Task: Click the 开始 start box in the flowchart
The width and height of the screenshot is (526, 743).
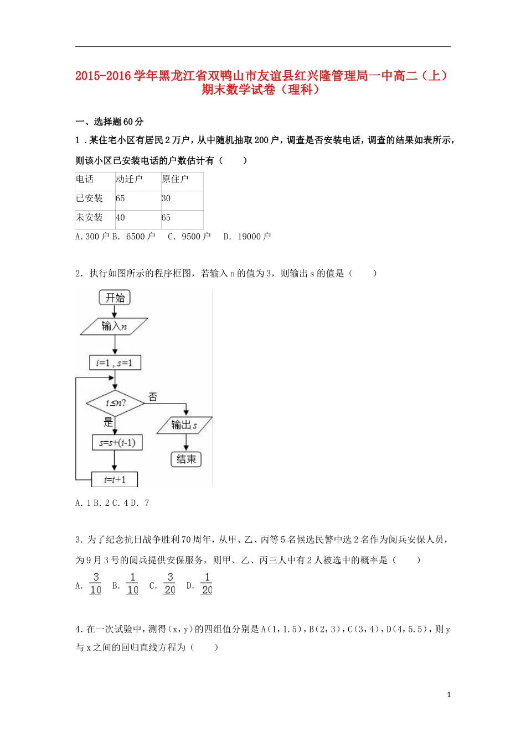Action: [115, 298]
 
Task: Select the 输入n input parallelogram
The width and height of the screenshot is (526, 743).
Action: [114, 326]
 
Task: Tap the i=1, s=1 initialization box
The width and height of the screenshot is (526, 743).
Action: [115, 363]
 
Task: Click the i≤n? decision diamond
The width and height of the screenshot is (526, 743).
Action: [115, 403]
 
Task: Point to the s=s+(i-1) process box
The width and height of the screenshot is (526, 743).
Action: [117, 442]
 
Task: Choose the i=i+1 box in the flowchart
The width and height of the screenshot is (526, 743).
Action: [115, 479]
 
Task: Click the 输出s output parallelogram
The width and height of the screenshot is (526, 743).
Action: [184, 425]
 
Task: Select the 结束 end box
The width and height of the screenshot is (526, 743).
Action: [186, 459]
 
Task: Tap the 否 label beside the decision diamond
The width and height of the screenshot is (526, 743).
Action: [153, 397]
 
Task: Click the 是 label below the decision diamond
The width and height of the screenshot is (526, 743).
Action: [108, 422]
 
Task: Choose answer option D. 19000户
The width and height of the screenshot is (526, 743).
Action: [247, 237]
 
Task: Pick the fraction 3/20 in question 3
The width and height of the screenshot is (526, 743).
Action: [170, 584]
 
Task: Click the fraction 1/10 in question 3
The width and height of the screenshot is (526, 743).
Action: [132, 584]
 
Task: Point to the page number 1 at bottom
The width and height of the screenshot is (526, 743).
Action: [448, 695]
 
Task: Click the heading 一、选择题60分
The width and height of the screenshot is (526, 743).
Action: [109, 122]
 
